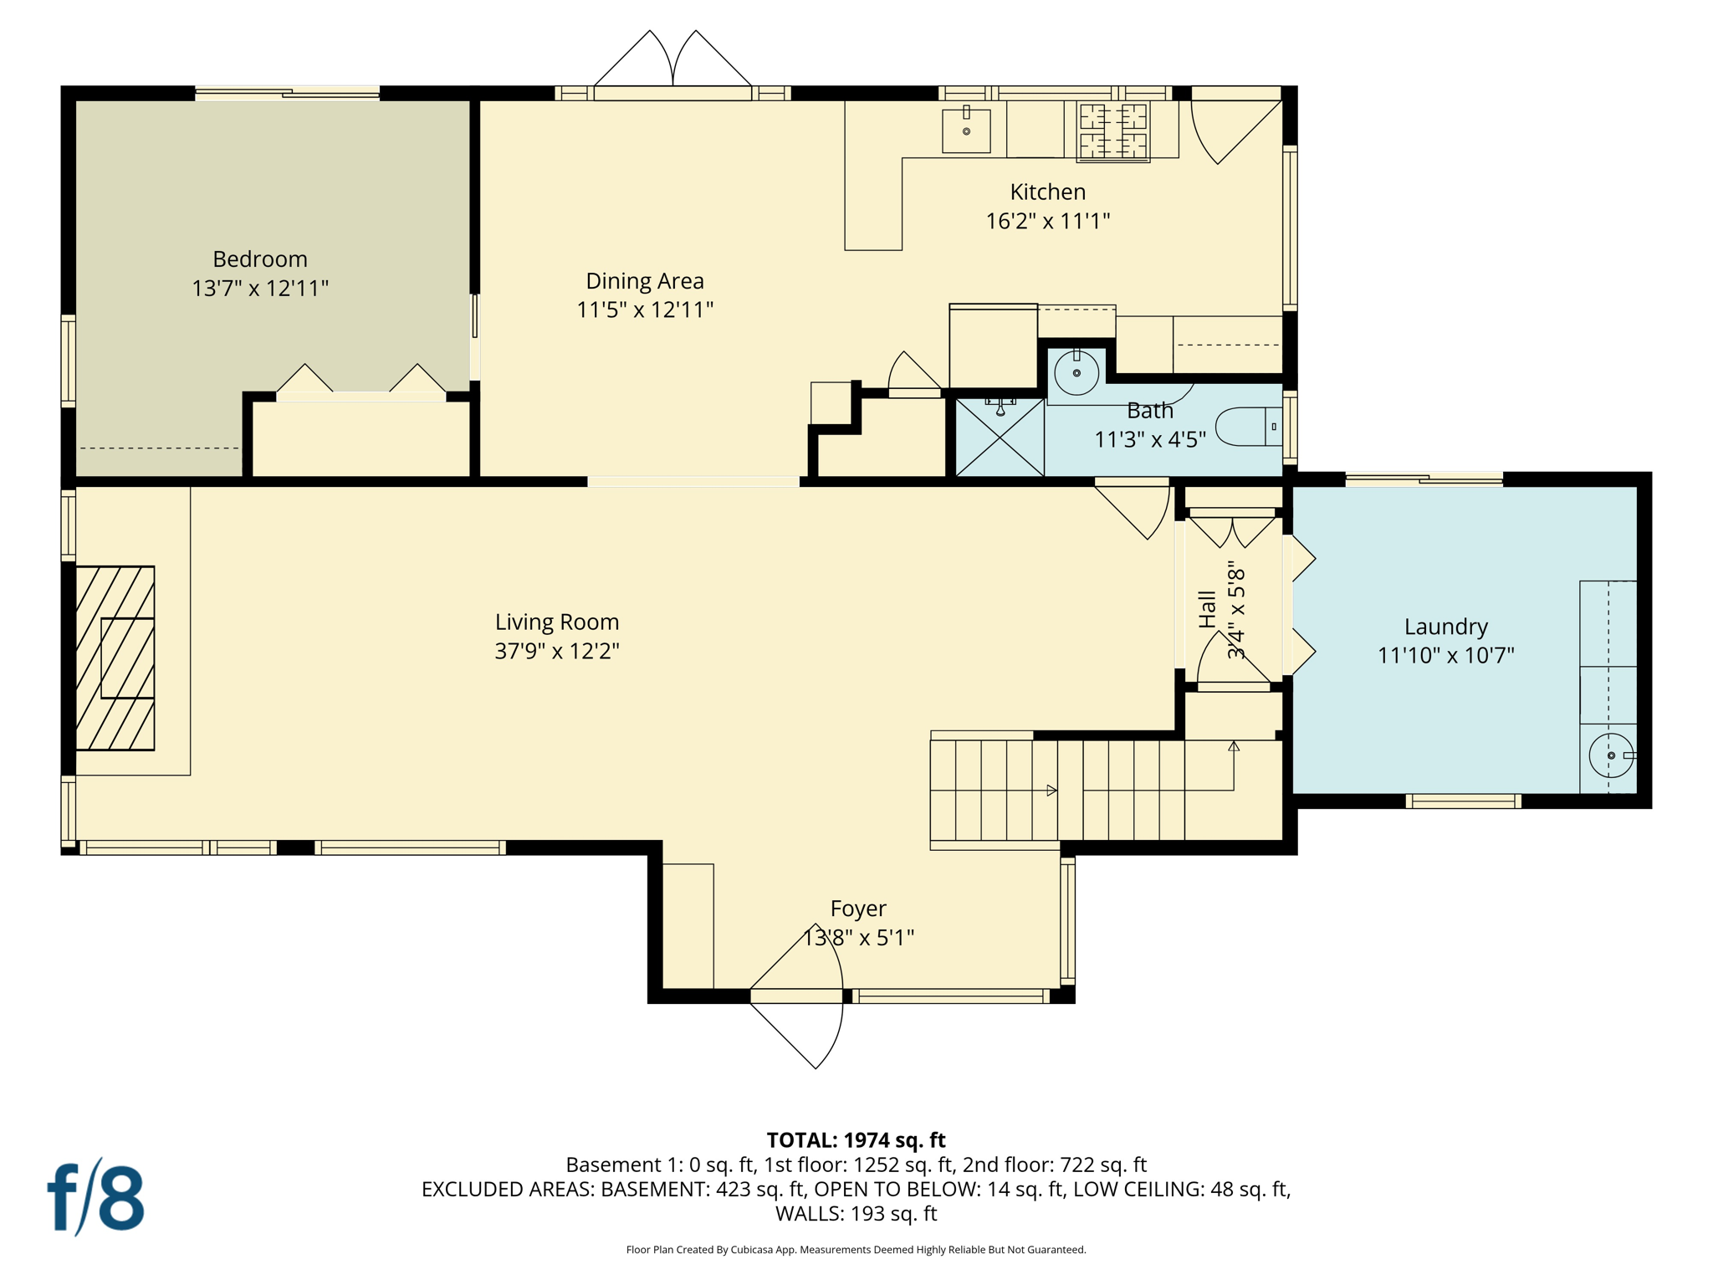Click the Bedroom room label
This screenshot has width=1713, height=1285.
(x=259, y=259)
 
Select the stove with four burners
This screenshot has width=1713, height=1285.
(x=1112, y=131)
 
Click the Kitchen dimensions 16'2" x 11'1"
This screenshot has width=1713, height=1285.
(x=1047, y=221)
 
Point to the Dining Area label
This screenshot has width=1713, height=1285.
(x=644, y=281)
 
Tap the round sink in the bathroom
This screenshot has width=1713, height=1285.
(x=1076, y=373)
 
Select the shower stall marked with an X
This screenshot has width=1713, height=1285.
(x=1000, y=438)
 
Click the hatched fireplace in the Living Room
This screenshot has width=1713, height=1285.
(x=115, y=658)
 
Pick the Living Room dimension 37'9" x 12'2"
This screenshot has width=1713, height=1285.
(x=556, y=651)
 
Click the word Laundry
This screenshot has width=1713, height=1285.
(x=1445, y=627)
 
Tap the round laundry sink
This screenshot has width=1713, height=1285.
(x=1611, y=755)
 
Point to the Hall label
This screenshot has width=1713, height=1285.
(x=1207, y=609)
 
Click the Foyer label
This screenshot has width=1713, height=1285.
(x=858, y=909)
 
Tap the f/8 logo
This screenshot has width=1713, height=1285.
(x=95, y=1198)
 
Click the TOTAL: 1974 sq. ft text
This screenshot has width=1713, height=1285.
(x=856, y=1140)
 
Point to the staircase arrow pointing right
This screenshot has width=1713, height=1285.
(x=1051, y=791)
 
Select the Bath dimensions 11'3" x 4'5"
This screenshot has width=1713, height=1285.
(x=1150, y=439)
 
